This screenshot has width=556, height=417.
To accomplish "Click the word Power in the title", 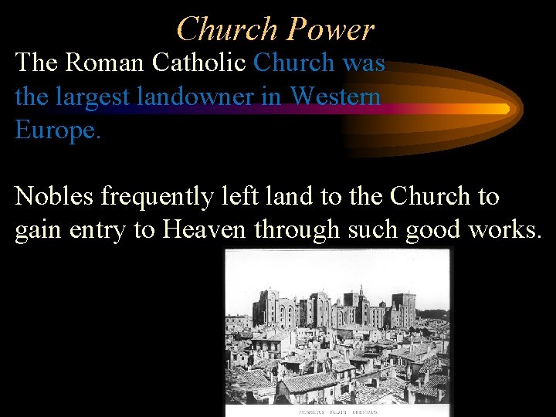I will (330, 29).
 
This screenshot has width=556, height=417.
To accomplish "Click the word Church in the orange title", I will (226, 29).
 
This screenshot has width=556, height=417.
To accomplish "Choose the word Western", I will (337, 96).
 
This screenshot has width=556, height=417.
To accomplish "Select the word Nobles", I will (56, 197).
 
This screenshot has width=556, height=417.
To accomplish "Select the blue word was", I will (364, 62).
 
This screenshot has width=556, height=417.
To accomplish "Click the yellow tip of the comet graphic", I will (503, 108).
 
